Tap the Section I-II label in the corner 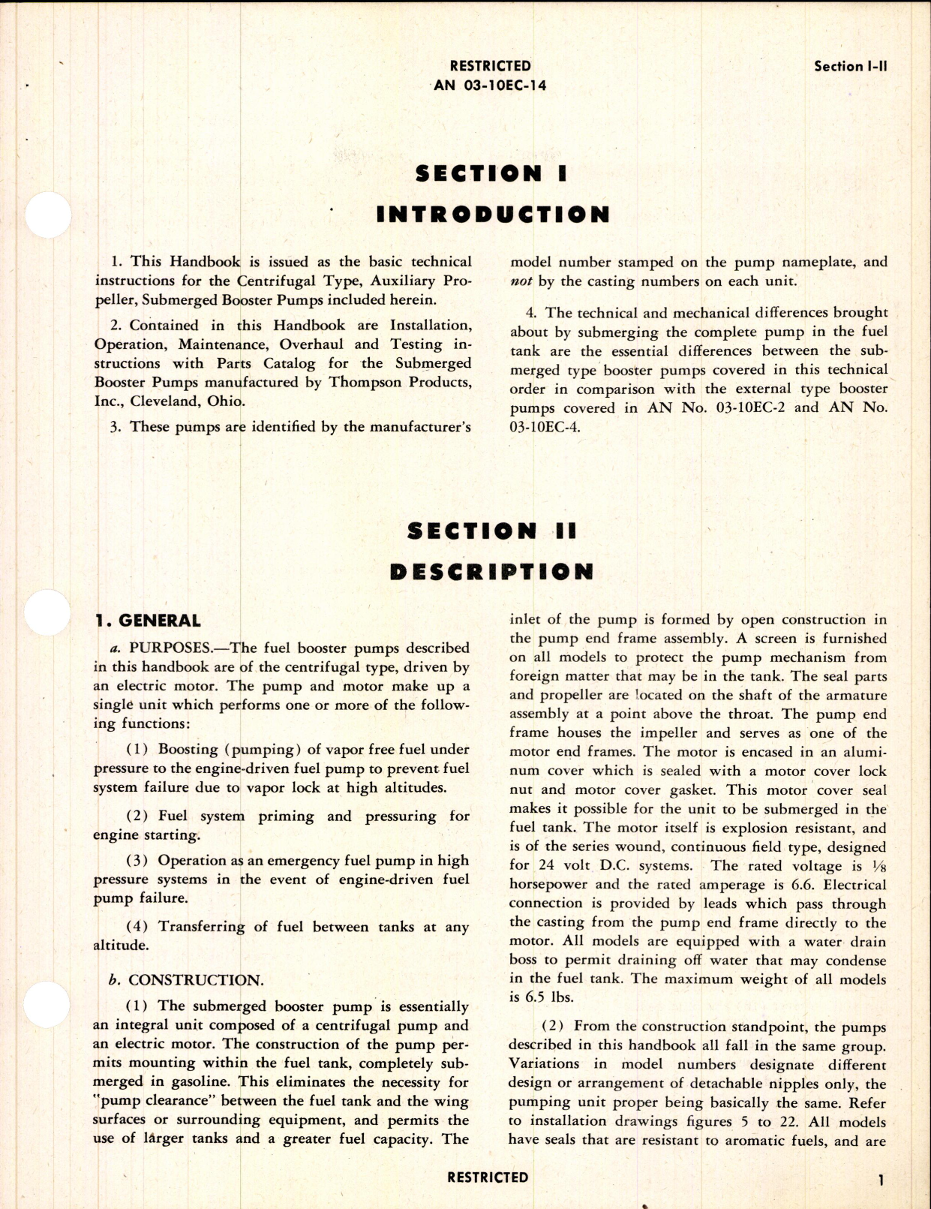[851, 66]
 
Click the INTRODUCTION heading [493, 215]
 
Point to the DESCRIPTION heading [491, 572]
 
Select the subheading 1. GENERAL [148, 621]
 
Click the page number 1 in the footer [881, 1180]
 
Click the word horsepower [547, 885]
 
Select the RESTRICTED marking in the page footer [488, 1177]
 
